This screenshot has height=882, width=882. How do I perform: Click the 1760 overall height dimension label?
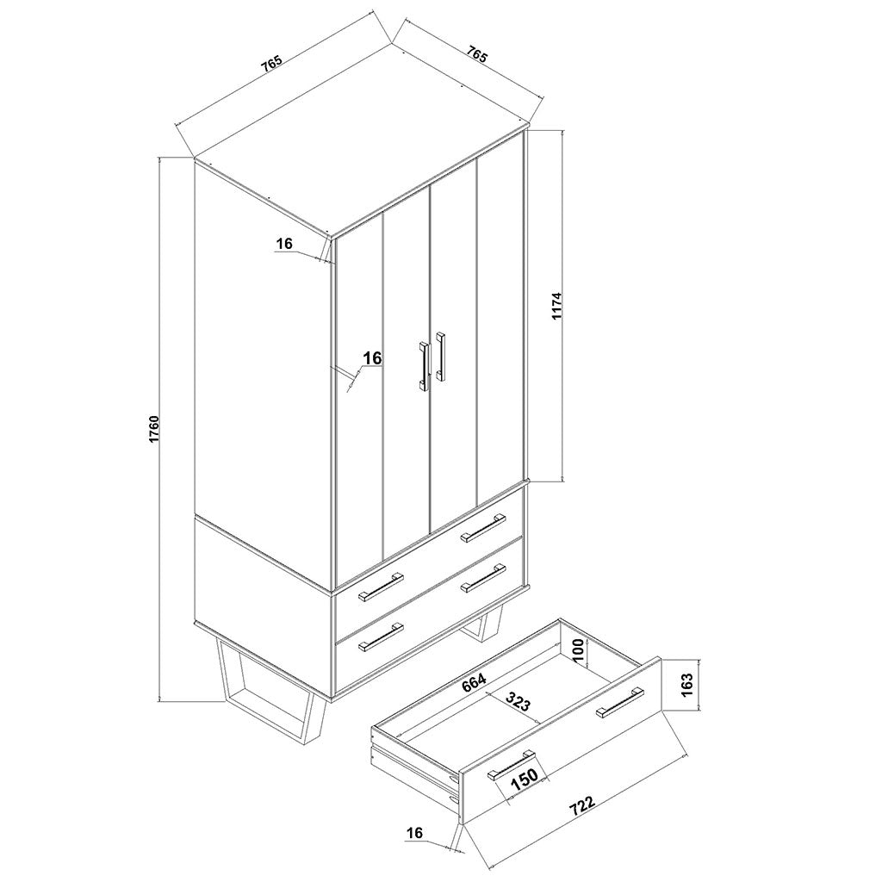pyautogui.click(x=154, y=429)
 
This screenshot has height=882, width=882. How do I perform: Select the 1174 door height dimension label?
pyautogui.click(x=557, y=306)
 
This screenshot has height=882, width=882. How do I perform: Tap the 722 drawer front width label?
pyautogui.click(x=582, y=805)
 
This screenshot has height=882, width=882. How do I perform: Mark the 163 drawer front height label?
pyautogui.click(x=686, y=685)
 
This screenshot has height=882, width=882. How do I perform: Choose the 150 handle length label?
pyautogui.click(x=525, y=778)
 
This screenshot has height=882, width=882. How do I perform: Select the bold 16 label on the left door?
pyautogui.click(x=372, y=357)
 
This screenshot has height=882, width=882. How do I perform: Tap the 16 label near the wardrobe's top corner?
pyautogui.click(x=285, y=244)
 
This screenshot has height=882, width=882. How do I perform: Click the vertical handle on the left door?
pyautogui.click(x=424, y=366)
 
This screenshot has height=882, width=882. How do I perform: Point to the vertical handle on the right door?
pyautogui.click(x=441, y=355)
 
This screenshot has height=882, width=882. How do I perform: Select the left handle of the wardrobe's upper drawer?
pyautogui.click(x=382, y=585)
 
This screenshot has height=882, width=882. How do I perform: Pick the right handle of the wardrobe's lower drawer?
pyautogui.click(x=483, y=578)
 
